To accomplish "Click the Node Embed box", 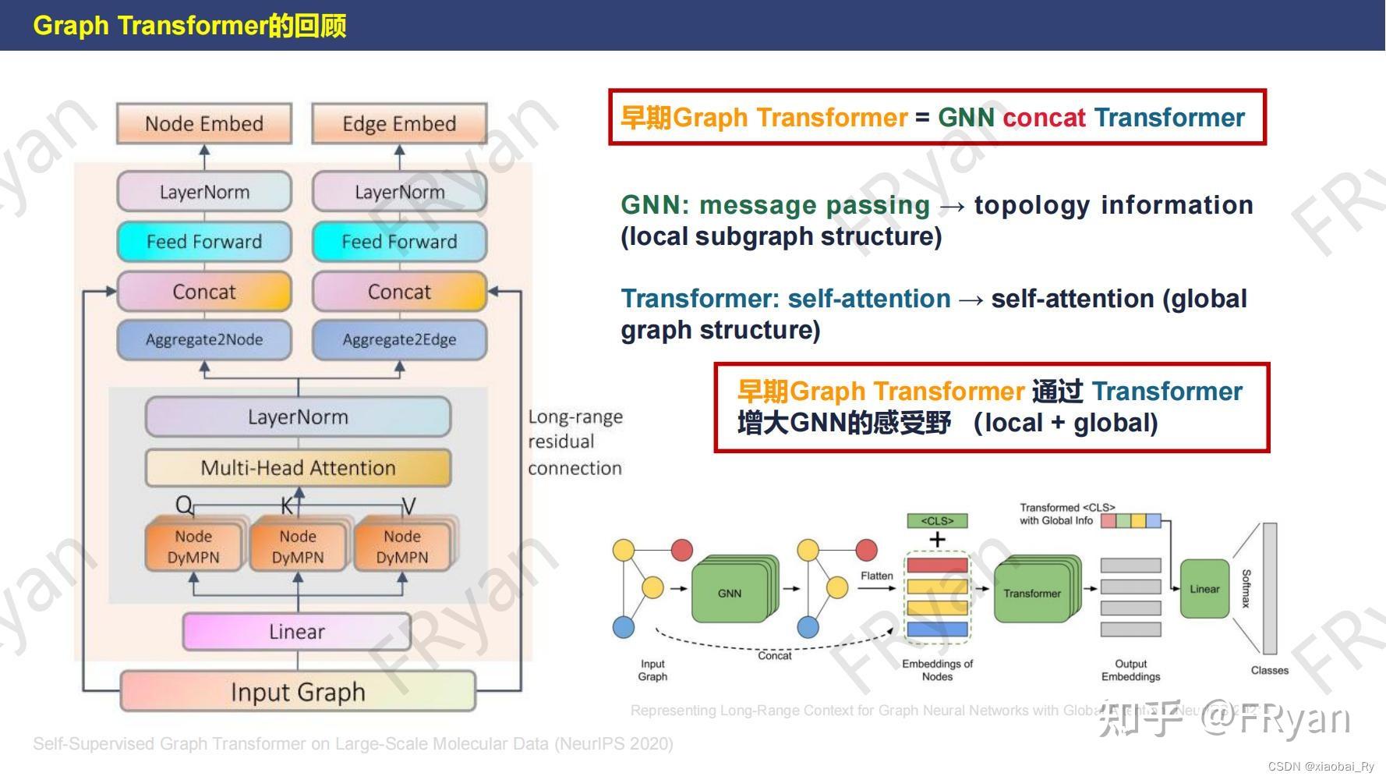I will click(x=204, y=123).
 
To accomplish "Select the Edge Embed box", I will click(x=399, y=123).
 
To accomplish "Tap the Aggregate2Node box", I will click(x=204, y=339).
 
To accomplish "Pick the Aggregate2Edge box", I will click(x=399, y=339).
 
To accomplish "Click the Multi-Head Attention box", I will click(x=298, y=467).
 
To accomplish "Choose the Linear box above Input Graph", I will click(x=297, y=631).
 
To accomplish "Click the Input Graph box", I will click(x=298, y=691).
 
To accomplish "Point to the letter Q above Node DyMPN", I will click(x=183, y=505).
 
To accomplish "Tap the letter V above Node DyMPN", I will click(x=408, y=506).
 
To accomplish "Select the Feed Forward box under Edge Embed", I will click(x=399, y=242).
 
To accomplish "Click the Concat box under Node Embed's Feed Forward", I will click(x=204, y=292).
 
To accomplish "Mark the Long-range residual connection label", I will click(x=575, y=441).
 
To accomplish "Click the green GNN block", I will click(x=730, y=594).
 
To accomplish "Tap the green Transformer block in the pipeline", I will click(x=1031, y=594).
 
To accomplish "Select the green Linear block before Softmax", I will click(x=1204, y=589).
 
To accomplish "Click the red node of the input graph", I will click(x=681, y=550).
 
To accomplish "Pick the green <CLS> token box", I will click(x=937, y=520).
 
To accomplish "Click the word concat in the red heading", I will click(x=1044, y=118).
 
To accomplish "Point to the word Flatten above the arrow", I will click(x=876, y=576).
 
